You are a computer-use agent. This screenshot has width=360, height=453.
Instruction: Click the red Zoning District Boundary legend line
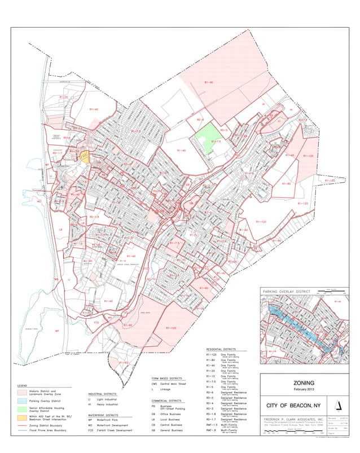click(x=22, y=426)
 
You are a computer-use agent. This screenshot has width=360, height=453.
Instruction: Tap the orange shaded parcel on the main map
click(x=85, y=157)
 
